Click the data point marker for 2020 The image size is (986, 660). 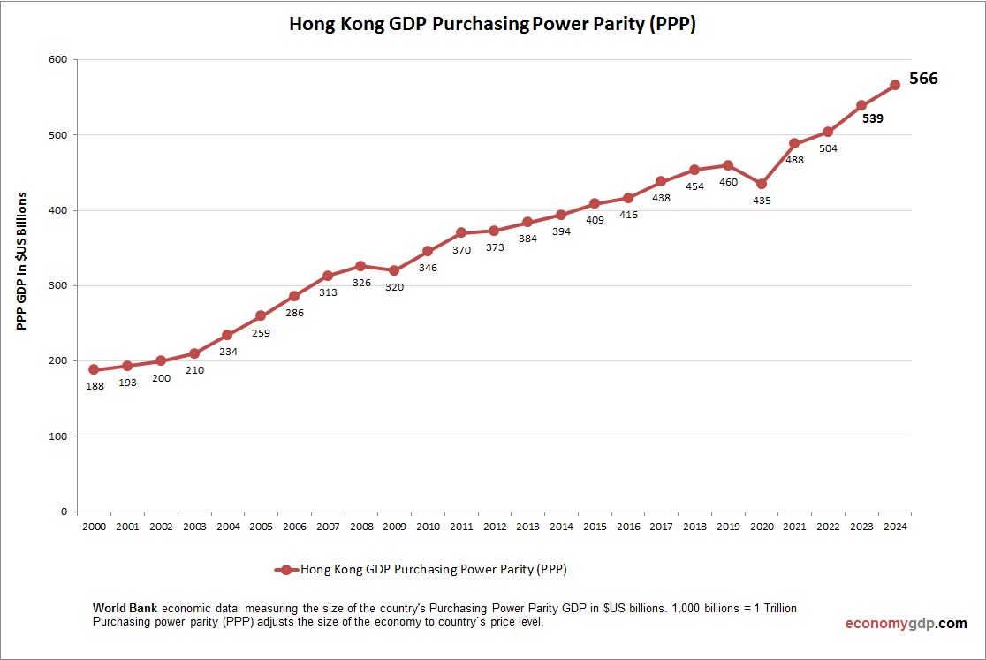pos(761,184)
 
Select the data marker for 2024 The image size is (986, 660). pos(894,85)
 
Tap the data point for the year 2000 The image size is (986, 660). pos(94,369)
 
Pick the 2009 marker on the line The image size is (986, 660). pos(394,270)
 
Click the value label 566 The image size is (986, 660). pos(923,79)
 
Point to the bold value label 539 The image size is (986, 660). pos(873,118)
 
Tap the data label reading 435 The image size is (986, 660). pos(761,201)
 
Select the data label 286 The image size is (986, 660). pos(293,313)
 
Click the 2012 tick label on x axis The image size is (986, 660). pos(494,527)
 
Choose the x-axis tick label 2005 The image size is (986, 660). pos(261,527)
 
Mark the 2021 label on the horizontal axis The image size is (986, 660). pos(794,527)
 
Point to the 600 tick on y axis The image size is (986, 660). pos(57,60)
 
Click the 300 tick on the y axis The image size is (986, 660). pos(57,285)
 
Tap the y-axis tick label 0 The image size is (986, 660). pos(64,512)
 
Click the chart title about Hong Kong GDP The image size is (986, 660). pos(493,25)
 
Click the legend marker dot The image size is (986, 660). pos(285,570)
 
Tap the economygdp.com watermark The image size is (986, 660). pos(906,623)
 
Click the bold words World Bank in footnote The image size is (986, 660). pos(125,609)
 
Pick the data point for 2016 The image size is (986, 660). pos(628,198)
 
